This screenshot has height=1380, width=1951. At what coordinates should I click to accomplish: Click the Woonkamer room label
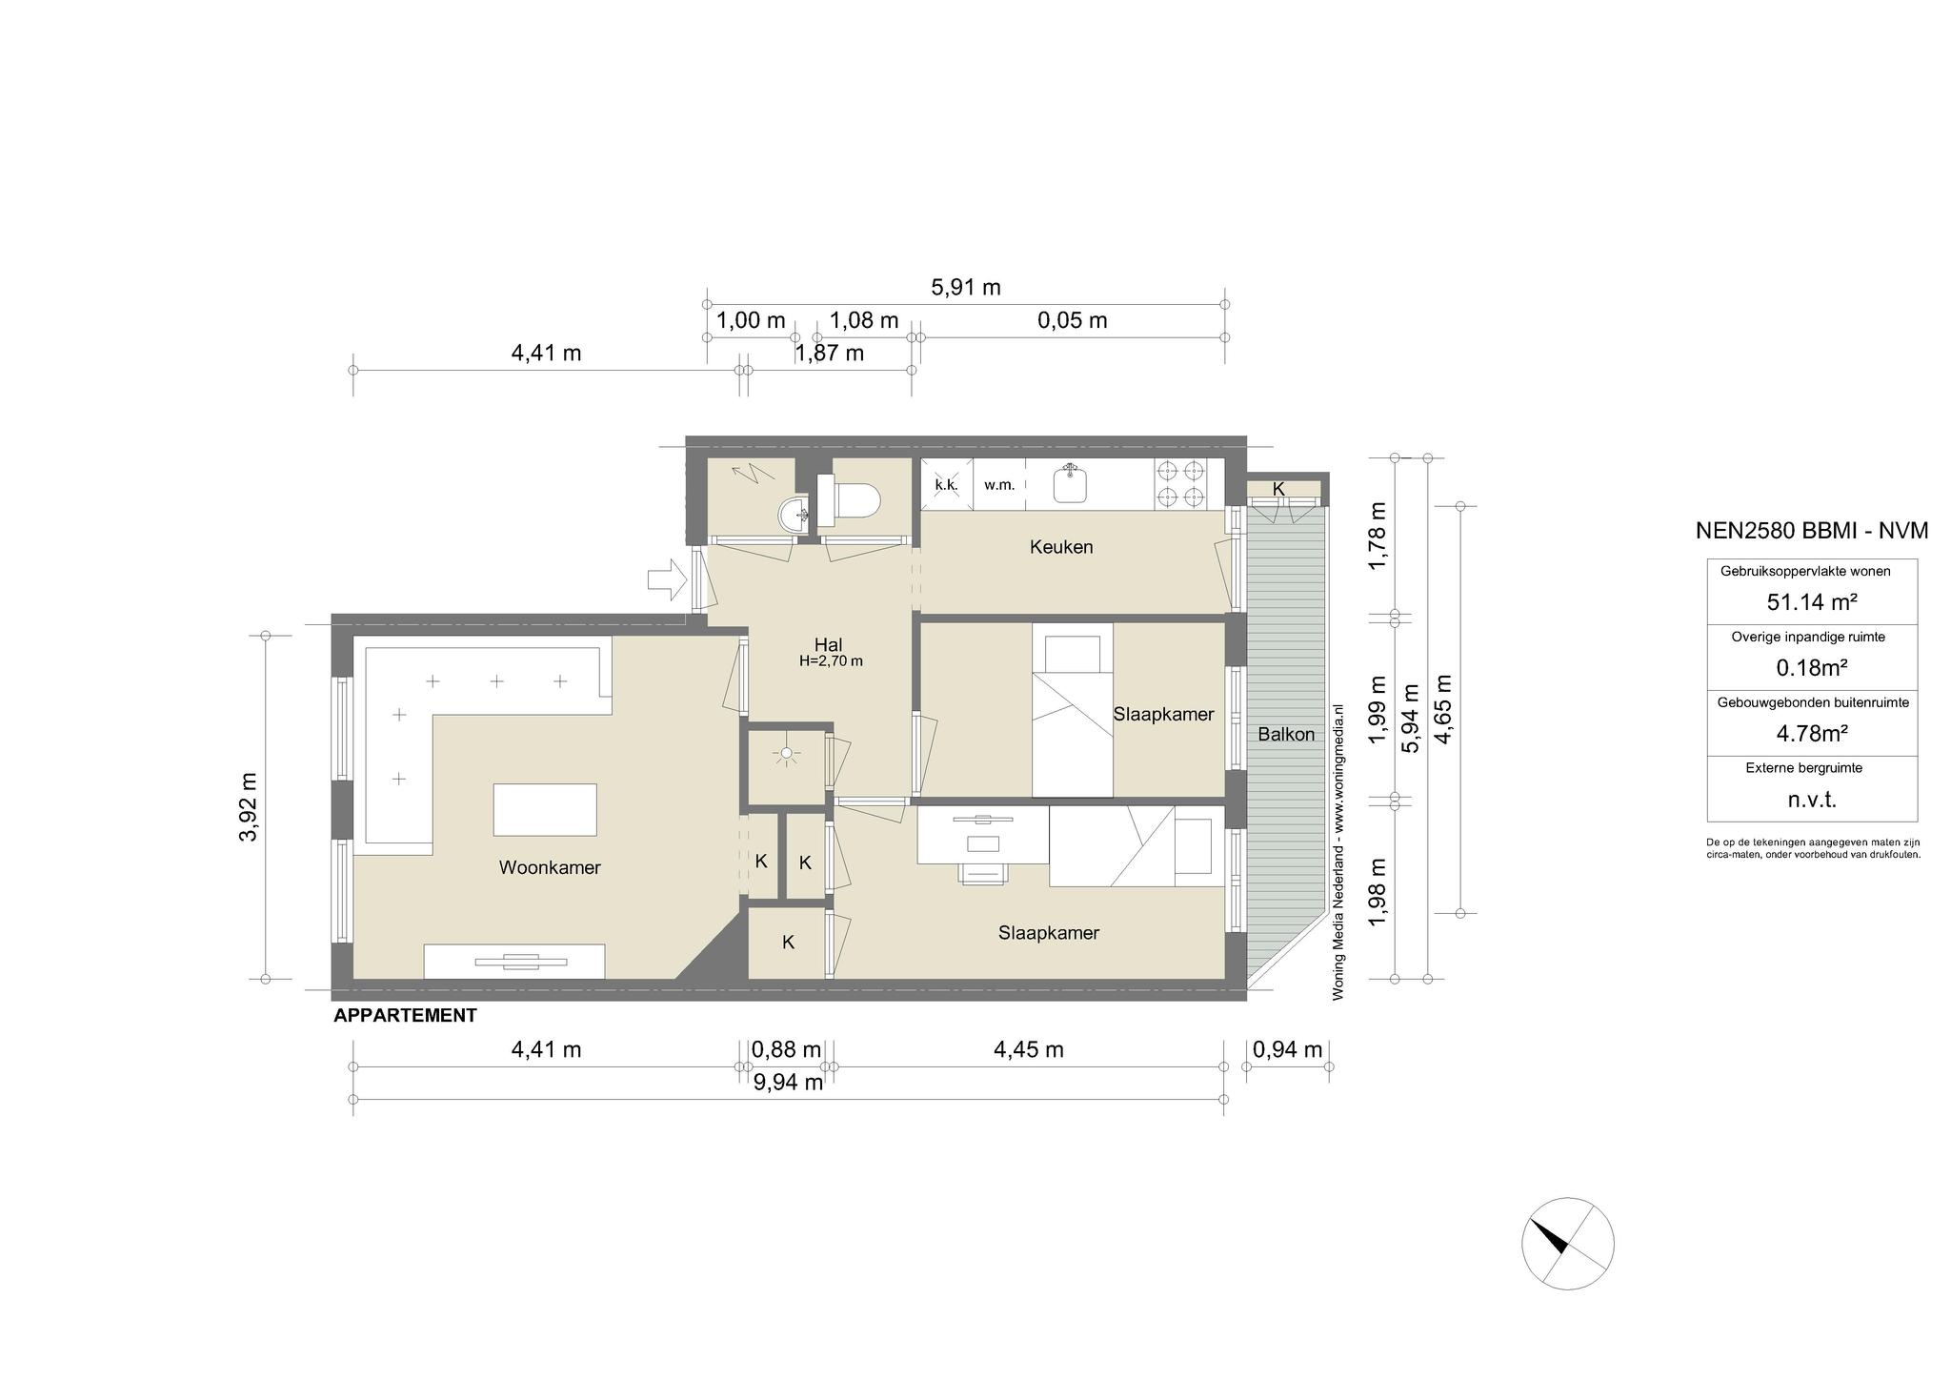550,867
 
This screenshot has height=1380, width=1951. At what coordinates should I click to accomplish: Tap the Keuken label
1061,547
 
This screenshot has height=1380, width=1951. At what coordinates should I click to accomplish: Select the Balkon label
1286,734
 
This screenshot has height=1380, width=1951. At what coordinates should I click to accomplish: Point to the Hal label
829,644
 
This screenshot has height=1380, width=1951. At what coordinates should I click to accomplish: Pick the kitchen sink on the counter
1072,483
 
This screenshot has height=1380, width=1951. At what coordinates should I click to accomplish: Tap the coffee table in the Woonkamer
545,809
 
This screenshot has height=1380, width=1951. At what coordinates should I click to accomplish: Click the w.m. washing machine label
998,485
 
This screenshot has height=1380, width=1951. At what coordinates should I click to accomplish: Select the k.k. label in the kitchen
946,485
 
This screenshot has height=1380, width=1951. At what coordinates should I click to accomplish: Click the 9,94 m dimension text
788,1082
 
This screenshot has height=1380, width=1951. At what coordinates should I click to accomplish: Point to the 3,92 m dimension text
249,806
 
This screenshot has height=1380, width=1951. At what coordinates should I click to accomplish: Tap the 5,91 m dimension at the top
965,287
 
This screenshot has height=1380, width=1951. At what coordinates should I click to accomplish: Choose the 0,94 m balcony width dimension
1288,1049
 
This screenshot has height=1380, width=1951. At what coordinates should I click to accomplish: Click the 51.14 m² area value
1812,602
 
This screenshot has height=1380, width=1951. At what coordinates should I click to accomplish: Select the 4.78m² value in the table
1812,734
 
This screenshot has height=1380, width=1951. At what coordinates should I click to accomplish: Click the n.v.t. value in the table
1812,800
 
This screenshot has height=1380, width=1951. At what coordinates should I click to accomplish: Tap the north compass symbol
1568,1243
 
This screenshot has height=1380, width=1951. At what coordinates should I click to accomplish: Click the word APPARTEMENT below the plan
405,1016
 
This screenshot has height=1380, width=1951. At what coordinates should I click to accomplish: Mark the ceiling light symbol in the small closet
786,754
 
